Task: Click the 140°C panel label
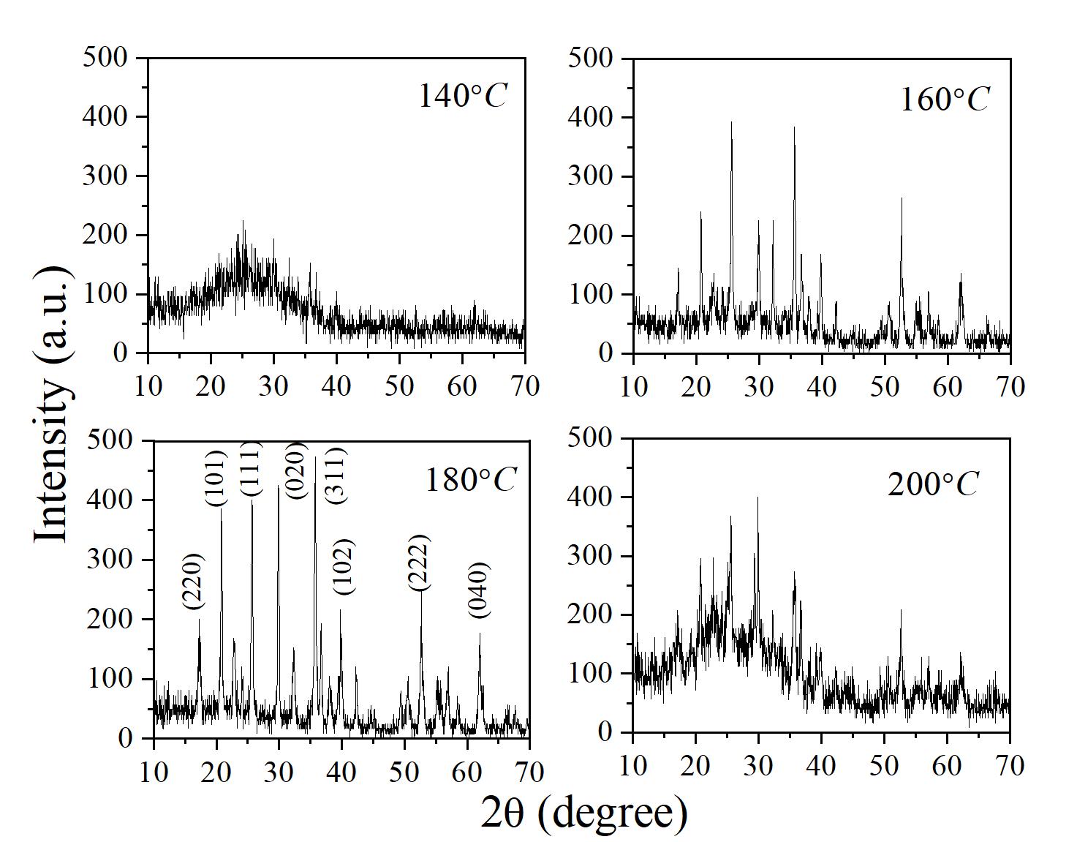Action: coord(462,96)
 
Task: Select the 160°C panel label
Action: coord(944,99)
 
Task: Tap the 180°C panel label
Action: coord(470,480)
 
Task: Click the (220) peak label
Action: coord(194,582)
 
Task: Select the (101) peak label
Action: coord(217,474)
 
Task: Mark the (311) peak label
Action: coord(336,475)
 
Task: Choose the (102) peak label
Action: coord(343,566)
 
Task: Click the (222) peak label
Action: coord(419,563)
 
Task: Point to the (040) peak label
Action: coord(480,590)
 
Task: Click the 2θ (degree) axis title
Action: coord(584,813)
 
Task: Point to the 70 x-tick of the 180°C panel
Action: coord(528,771)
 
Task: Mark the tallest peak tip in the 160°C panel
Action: coord(731,122)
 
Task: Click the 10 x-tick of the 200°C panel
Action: coord(633,765)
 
